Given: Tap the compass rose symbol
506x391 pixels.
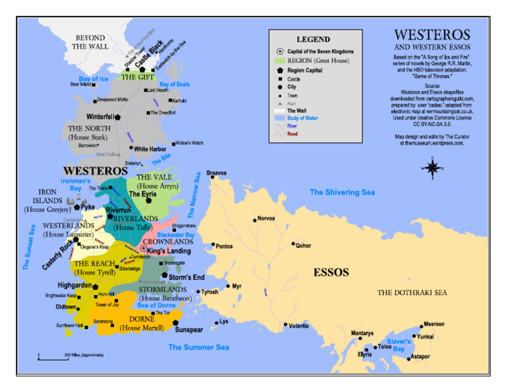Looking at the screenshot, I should coord(432,168).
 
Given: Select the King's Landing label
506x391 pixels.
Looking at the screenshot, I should coord(169,251).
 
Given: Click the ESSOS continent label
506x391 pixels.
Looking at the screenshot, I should coord(331,272).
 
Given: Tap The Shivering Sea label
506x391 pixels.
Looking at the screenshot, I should coord(343,192).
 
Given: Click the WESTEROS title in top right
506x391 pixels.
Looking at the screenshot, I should coord(432,35).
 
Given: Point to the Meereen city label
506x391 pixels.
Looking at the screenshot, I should coord(434,324).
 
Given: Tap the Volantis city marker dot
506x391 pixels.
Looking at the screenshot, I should coord(285,324).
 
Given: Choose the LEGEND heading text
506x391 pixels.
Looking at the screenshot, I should coord(313,39).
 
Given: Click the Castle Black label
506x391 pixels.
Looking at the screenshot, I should coord(150,55).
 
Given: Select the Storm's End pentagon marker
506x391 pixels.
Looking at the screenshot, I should coord(164,275).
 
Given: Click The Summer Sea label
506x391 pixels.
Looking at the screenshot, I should coord(198,347).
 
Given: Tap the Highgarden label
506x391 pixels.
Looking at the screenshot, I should coord(74,286).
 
